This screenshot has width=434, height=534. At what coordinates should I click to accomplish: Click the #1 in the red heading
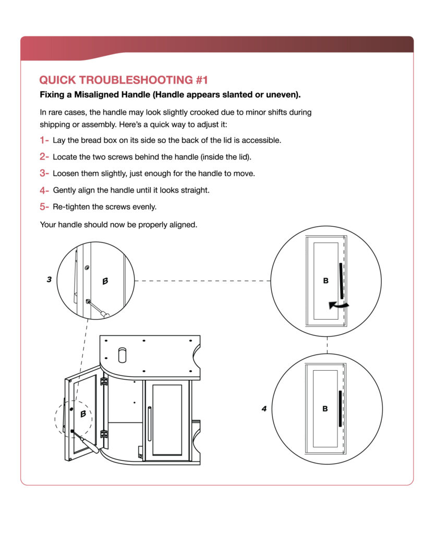tap(201, 80)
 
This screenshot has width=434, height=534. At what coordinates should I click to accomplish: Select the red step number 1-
tap(44, 140)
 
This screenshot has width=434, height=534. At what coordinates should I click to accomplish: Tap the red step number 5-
tap(44, 207)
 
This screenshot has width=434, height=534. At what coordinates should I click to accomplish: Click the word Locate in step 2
tap(65, 156)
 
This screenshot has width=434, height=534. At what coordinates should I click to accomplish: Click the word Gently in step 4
tap(65, 190)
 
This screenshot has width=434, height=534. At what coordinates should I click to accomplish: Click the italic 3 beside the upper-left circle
tap(49, 280)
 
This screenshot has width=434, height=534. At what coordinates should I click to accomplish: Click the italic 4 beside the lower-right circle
tap(264, 409)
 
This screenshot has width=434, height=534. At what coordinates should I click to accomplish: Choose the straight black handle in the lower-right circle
tap(340, 408)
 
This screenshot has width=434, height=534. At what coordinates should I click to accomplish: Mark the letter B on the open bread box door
tap(83, 414)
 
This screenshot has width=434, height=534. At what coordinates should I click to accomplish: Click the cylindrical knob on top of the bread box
tap(123, 354)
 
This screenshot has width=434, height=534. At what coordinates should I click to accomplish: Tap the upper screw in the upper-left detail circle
tap(87, 267)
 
